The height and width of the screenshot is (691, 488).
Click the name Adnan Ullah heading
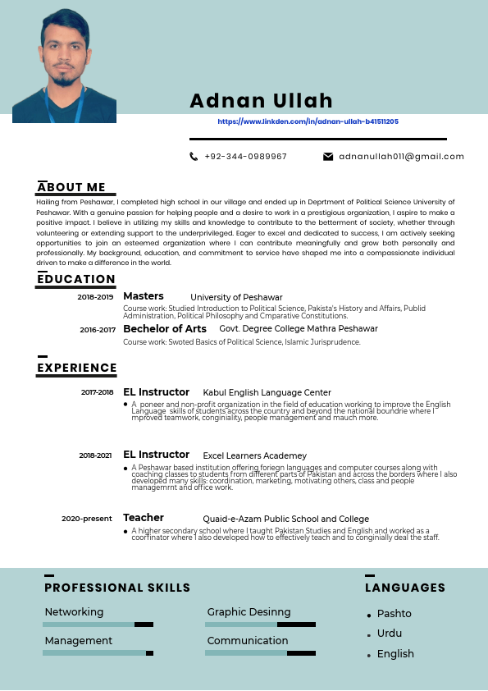[261, 101]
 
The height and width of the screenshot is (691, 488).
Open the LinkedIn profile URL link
[308, 121]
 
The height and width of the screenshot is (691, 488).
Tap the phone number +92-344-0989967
[245, 156]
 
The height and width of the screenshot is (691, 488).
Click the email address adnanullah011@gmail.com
[401, 156]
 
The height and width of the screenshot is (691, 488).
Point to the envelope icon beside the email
[328, 156]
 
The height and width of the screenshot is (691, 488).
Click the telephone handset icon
[194, 156]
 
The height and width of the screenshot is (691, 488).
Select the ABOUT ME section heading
[71, 187]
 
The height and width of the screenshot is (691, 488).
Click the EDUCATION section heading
[76, 279]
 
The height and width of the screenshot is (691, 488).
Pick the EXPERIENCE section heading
[77, 368]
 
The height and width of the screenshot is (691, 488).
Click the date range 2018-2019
[95, 297]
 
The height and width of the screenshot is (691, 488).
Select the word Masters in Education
[144, 296]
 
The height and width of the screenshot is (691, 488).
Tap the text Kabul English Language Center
[267, 393]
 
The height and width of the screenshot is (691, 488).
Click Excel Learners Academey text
[254, 455]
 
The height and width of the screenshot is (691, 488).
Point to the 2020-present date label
[87, 519]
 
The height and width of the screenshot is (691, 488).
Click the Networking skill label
[74, 612]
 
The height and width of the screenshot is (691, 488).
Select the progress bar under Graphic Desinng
[260, 625]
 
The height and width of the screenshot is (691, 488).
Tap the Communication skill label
[248, 640]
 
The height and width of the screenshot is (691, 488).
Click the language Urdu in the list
[390, 634]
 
